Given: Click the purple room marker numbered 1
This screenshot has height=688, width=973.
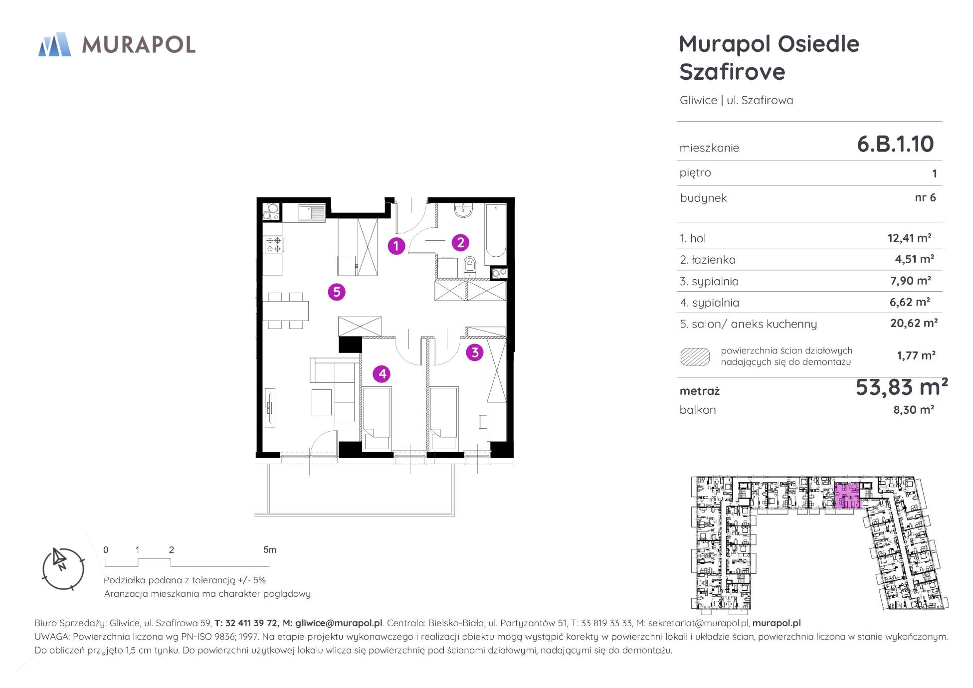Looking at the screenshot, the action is tap(396, 246).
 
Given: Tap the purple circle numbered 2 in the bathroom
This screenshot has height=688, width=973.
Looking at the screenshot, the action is tap(460, 243).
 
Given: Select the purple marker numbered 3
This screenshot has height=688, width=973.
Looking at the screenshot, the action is tap(475, 352).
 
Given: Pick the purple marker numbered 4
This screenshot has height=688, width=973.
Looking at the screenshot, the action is tap(382, 373).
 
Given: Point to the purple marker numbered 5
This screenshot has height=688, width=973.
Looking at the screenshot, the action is tap(337, 292).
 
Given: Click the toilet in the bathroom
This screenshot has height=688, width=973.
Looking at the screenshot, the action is tap(470, 267).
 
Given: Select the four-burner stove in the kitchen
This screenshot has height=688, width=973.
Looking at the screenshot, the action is tap(273, 244).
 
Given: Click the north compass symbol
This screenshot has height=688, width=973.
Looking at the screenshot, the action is tap(63, 569).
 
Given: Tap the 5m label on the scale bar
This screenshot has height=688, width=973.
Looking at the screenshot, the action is tap(270, 549).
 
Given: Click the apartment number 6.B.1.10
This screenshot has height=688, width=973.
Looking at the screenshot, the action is tap(895, 144).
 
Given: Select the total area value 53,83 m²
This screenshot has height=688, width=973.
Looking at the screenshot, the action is tap(901, 387).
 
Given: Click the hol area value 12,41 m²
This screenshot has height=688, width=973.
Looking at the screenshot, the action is tap(909, 238).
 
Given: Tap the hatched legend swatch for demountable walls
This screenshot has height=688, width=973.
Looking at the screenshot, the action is tap(695, 356).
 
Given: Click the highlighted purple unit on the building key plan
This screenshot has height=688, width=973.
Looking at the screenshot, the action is tap(848, 496).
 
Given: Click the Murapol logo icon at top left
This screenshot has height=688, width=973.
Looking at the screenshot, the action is tap(55, 44).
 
